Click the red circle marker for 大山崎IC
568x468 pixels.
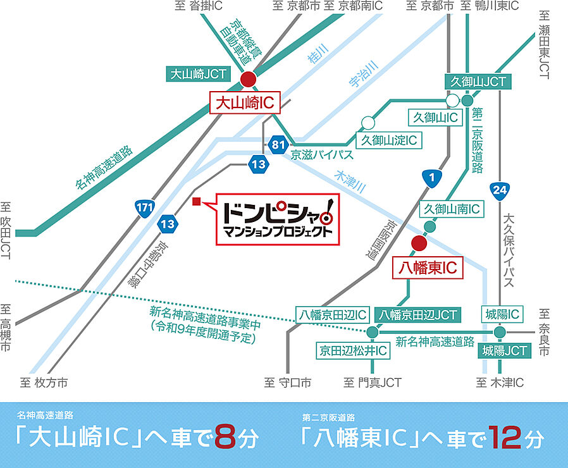point(249,79)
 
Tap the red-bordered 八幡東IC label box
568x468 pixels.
point(428,268)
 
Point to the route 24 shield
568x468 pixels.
point(499,189)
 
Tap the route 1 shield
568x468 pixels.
point(431,180)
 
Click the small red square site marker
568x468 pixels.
point(196,202)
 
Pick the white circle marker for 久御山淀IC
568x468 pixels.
point(368,122)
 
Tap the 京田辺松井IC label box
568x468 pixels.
point(353,350)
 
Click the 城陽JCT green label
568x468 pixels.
point(504,350)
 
